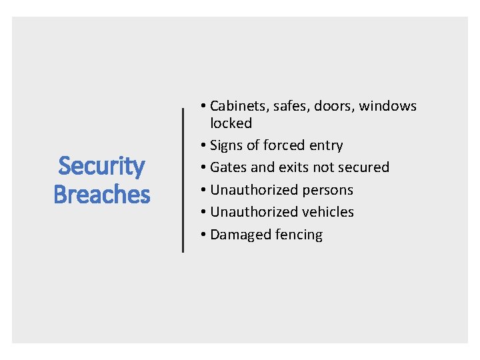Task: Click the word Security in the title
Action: click(x=101, y=166)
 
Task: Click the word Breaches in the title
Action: click(x=101, y=195)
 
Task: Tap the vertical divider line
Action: click(x=183, y=180)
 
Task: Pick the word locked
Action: click(x=231, y=123)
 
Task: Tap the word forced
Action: click(x=287, y=145)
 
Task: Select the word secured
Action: click(x=364, y=167)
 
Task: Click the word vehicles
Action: click(x=328, y=212)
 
